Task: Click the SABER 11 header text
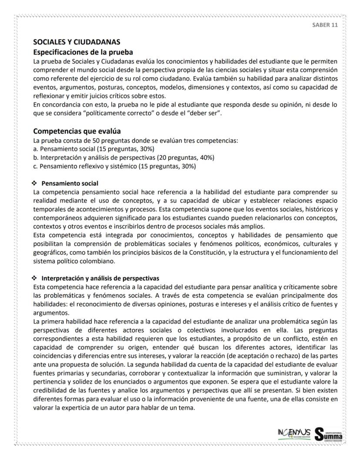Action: click(x=325, y=25)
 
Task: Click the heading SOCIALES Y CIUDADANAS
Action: click(x=77, y=42)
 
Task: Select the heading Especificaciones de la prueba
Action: click(x=83, y=52)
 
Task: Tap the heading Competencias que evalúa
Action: click(x=77, y=131)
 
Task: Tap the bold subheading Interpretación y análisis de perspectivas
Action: click(x=100, y=278)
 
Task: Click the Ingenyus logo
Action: click(x=293, y=433)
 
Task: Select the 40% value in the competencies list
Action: click(x=207, y=157)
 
